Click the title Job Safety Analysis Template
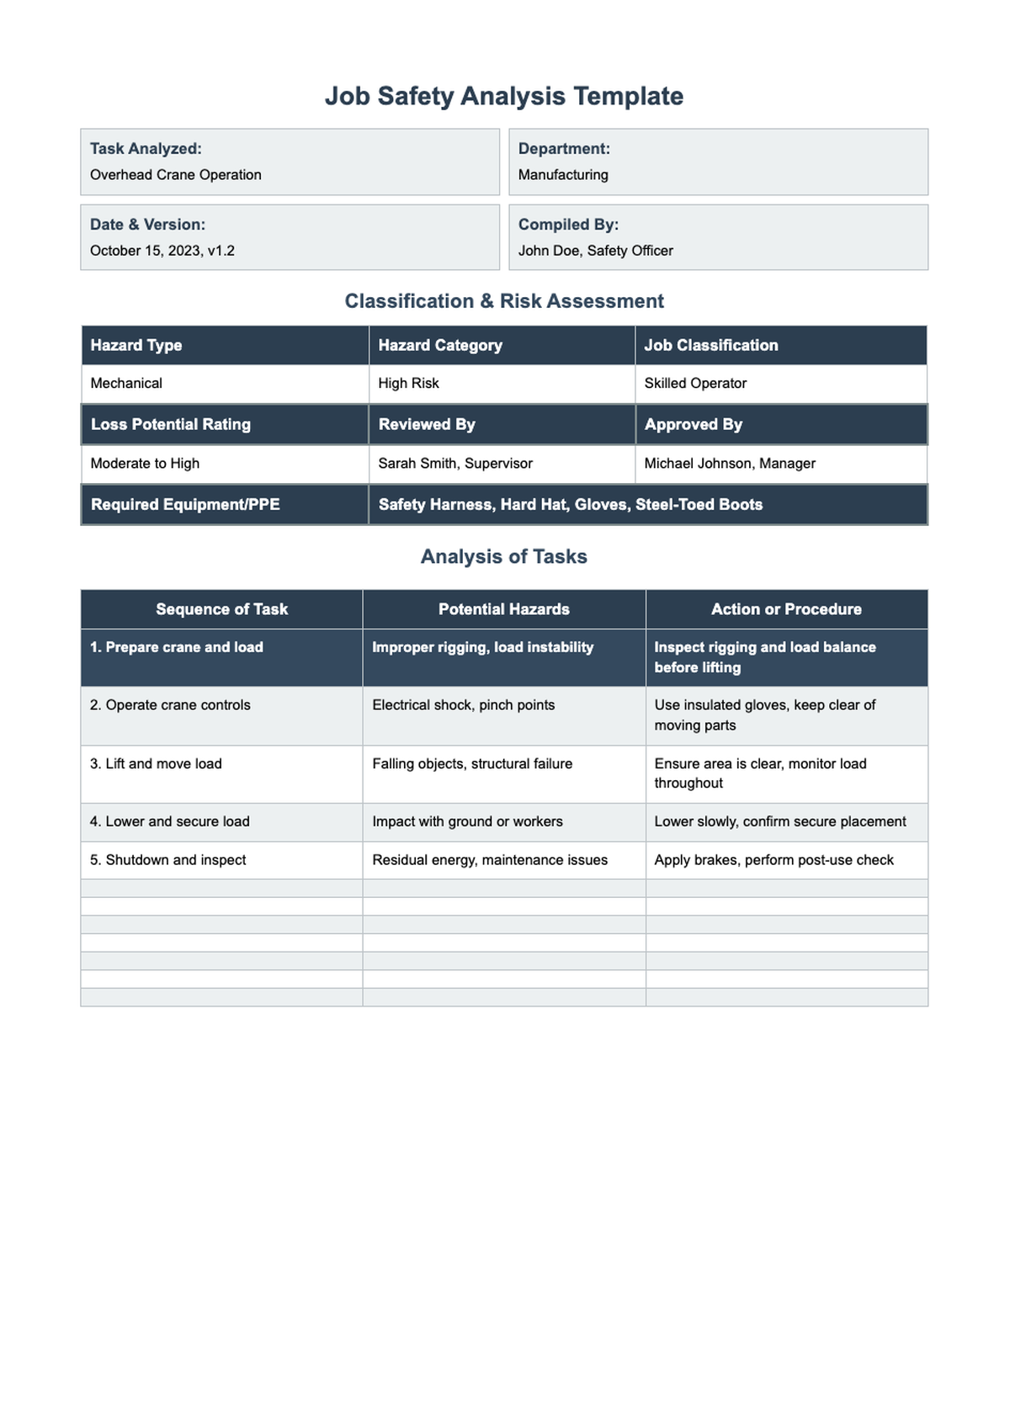(x=503, y=96)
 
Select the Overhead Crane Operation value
(x=176, y=175)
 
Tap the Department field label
(x=564, y=149)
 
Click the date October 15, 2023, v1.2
(x=162, y=251)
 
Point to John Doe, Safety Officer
(x=595, y=251)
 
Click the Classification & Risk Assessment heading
(x=503, y=301)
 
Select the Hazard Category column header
(x=440, y=345)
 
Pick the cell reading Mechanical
(x=126, y=384)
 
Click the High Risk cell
(x=408, y=384)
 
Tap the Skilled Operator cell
(x=695, y=384)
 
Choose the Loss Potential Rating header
(x=171, y=424)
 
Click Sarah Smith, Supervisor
(x=455, y=464)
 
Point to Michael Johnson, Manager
(x=730, y=464)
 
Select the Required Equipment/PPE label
(x=185, y=505)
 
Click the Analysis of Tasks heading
(x=503, y=557)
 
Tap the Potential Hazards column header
(x=503, y=609)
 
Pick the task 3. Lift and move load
(x=156, y=764)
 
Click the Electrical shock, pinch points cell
(x=464, y=705)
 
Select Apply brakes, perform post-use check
(x=773, y=860)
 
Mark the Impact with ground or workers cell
(x=467, y=821)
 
